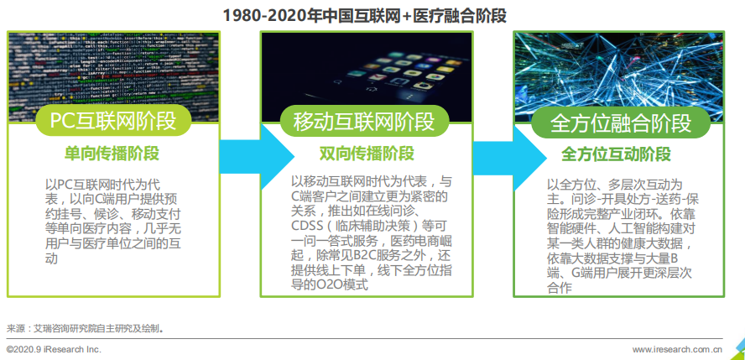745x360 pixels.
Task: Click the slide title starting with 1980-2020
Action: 364,16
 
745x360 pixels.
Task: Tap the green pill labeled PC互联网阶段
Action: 113,121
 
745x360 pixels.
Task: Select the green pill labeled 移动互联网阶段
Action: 364,121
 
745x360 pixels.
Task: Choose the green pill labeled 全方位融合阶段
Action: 621,123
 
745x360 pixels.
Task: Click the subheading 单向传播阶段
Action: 112,154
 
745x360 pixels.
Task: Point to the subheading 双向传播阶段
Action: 367,154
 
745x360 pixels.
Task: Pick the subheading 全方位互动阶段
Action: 617,154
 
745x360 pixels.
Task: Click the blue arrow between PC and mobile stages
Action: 257,155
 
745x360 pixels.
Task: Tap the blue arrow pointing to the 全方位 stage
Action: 509,155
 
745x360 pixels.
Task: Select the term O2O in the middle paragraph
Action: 327,285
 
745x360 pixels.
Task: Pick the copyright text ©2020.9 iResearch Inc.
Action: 55,350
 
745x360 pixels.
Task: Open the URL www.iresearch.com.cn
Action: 677,350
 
